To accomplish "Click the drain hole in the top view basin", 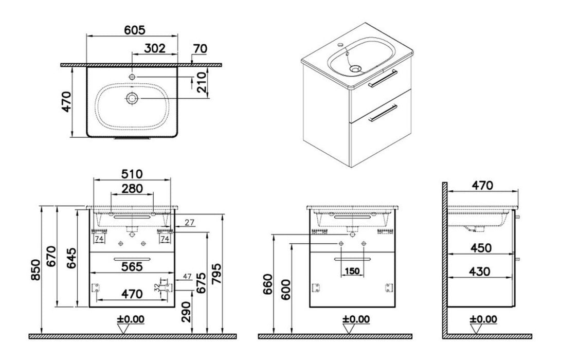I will point(132,98).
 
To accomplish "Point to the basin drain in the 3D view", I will point(355,67).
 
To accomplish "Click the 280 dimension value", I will point(132,189).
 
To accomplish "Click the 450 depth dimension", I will point(481,247).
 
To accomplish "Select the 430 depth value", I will point(481,271).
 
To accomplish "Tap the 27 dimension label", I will point(189,223).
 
